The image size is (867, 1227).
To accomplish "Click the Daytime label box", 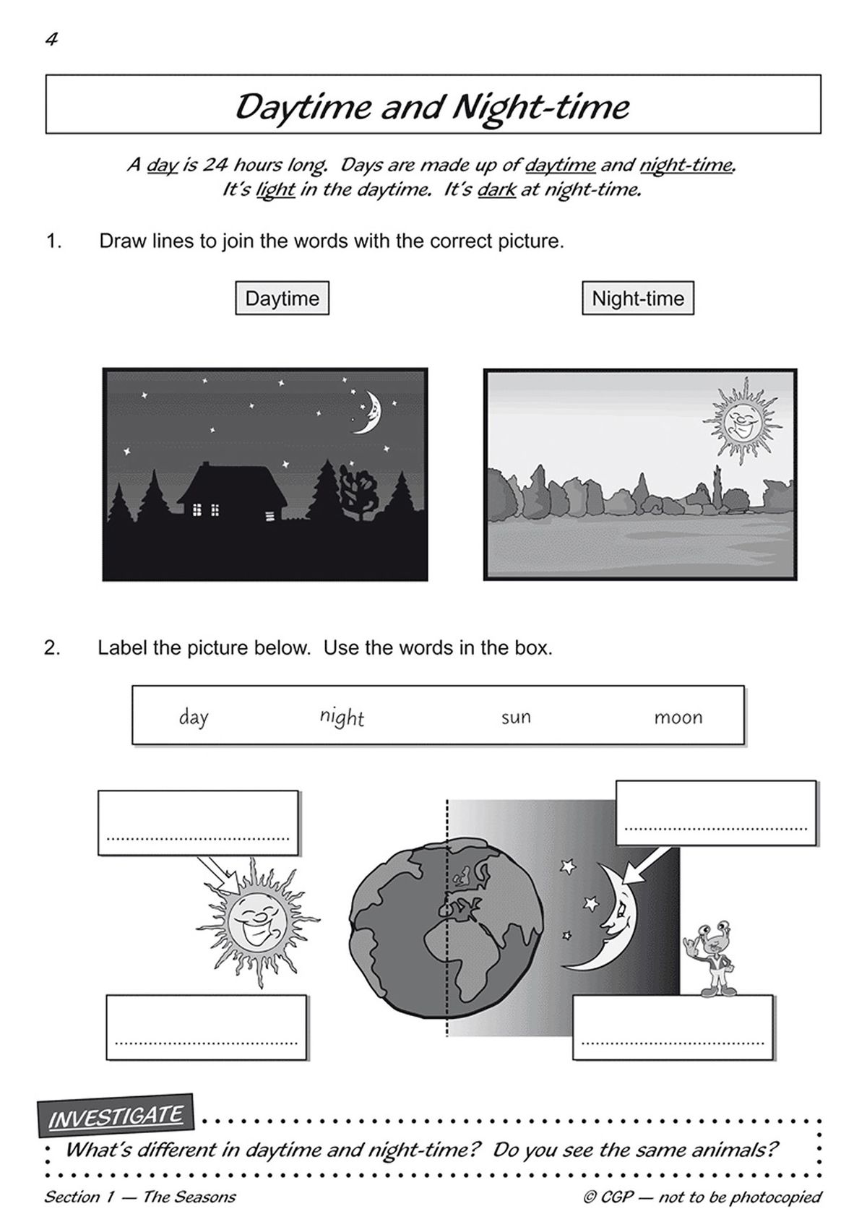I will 282,298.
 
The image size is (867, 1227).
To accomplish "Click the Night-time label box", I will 637,298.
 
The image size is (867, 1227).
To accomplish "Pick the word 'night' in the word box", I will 342,717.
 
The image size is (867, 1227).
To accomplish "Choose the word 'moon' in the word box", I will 678,718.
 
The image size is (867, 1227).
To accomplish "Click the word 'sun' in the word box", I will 516,718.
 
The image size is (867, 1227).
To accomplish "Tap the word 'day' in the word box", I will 194,718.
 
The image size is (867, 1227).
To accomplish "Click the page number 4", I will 51,40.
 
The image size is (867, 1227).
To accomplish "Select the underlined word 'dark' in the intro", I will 496,191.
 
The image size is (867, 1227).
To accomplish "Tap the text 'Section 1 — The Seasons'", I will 140,1197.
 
